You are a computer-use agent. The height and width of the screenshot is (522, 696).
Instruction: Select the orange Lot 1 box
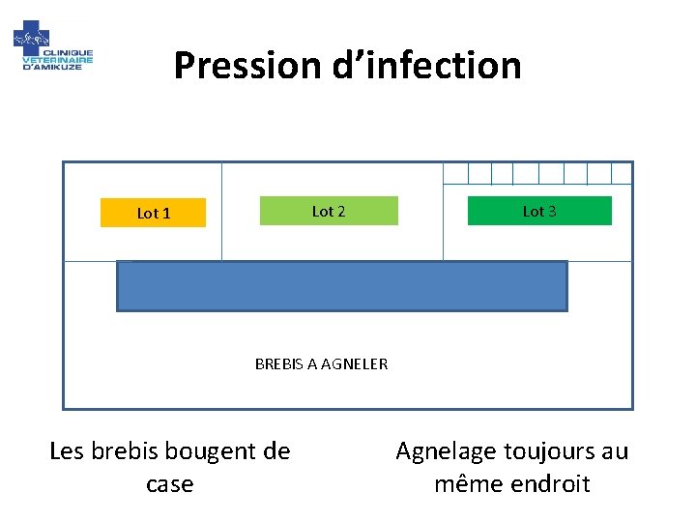[153, 213]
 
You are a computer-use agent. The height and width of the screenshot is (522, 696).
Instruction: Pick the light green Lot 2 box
[329, 211]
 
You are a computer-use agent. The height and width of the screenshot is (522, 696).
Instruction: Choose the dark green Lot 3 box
[539, 211]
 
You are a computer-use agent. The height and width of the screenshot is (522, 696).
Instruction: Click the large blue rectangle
[341, 286]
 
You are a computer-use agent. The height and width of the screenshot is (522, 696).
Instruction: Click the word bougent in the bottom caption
[205, 451]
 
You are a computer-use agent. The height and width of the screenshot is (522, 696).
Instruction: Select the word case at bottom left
[169, 483]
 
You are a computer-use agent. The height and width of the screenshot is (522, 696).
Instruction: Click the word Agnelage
[446, 451]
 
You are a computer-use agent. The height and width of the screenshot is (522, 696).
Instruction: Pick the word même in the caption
[462, 483]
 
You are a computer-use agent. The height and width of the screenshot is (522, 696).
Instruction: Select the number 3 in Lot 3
[552, 211]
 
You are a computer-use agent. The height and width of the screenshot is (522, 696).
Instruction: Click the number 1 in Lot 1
[166, 213]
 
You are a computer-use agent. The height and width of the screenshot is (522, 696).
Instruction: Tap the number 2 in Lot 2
[341, 211]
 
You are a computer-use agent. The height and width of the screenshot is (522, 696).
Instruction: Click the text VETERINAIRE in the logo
[58, 59]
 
